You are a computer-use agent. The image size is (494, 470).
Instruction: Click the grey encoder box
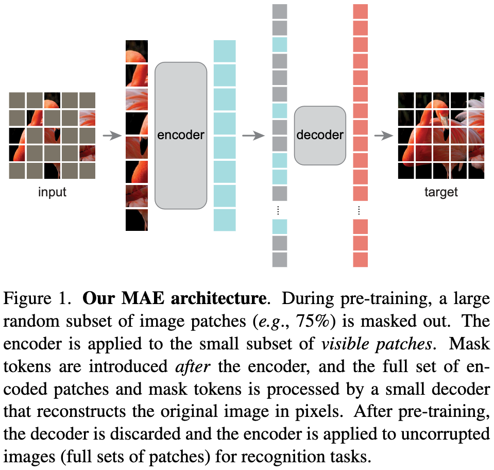(x=181, y=136)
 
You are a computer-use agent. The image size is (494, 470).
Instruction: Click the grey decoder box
(x=320, y=136)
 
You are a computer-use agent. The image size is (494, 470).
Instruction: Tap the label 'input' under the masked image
(x=52, y=193)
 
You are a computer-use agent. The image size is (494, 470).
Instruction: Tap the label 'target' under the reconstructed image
(x=441, y=193)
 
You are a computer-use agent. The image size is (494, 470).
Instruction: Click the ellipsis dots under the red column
(x=360, y=210)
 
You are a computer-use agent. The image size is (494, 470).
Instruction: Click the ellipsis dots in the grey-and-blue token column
(x=279, y=210)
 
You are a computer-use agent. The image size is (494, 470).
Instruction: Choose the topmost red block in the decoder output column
(x=360, y=11)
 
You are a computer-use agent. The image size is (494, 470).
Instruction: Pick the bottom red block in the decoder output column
(x=360, y=260)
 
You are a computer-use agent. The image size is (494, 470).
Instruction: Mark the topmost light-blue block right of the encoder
(x=225, y=51)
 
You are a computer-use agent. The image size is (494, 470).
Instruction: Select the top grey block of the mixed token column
(x=279, y=11)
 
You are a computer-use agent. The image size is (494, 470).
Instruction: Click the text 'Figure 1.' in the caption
(x=37, y=299)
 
